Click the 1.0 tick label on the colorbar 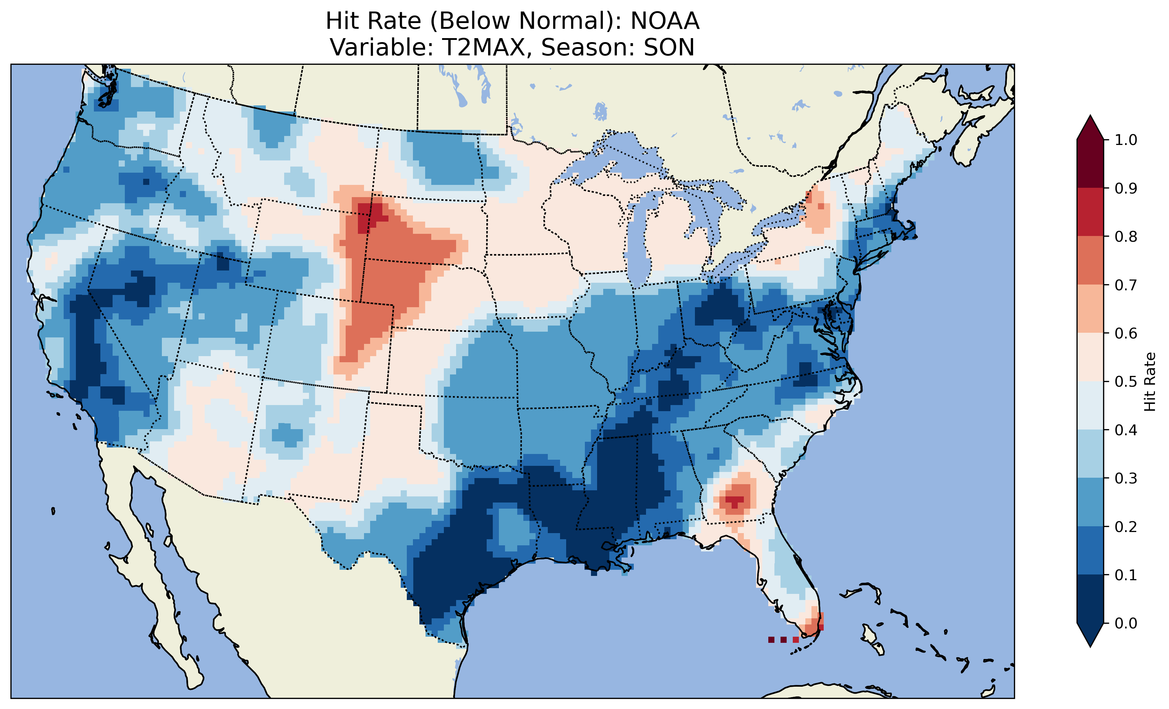click(1126, 140)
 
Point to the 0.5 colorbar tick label click(1126, 382)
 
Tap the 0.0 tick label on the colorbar click(1126, 623)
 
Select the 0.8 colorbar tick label click(1126, 236)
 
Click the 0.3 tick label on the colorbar click(1126, 478)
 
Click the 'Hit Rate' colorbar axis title click(1150, 382)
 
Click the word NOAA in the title click(665, 21)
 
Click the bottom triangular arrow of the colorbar click(1090, 635)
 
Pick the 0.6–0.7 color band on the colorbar click(1090, 309)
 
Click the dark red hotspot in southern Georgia click(734, 500)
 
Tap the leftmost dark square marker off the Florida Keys click(771, 640)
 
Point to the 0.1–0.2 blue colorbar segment click(1090, 550)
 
